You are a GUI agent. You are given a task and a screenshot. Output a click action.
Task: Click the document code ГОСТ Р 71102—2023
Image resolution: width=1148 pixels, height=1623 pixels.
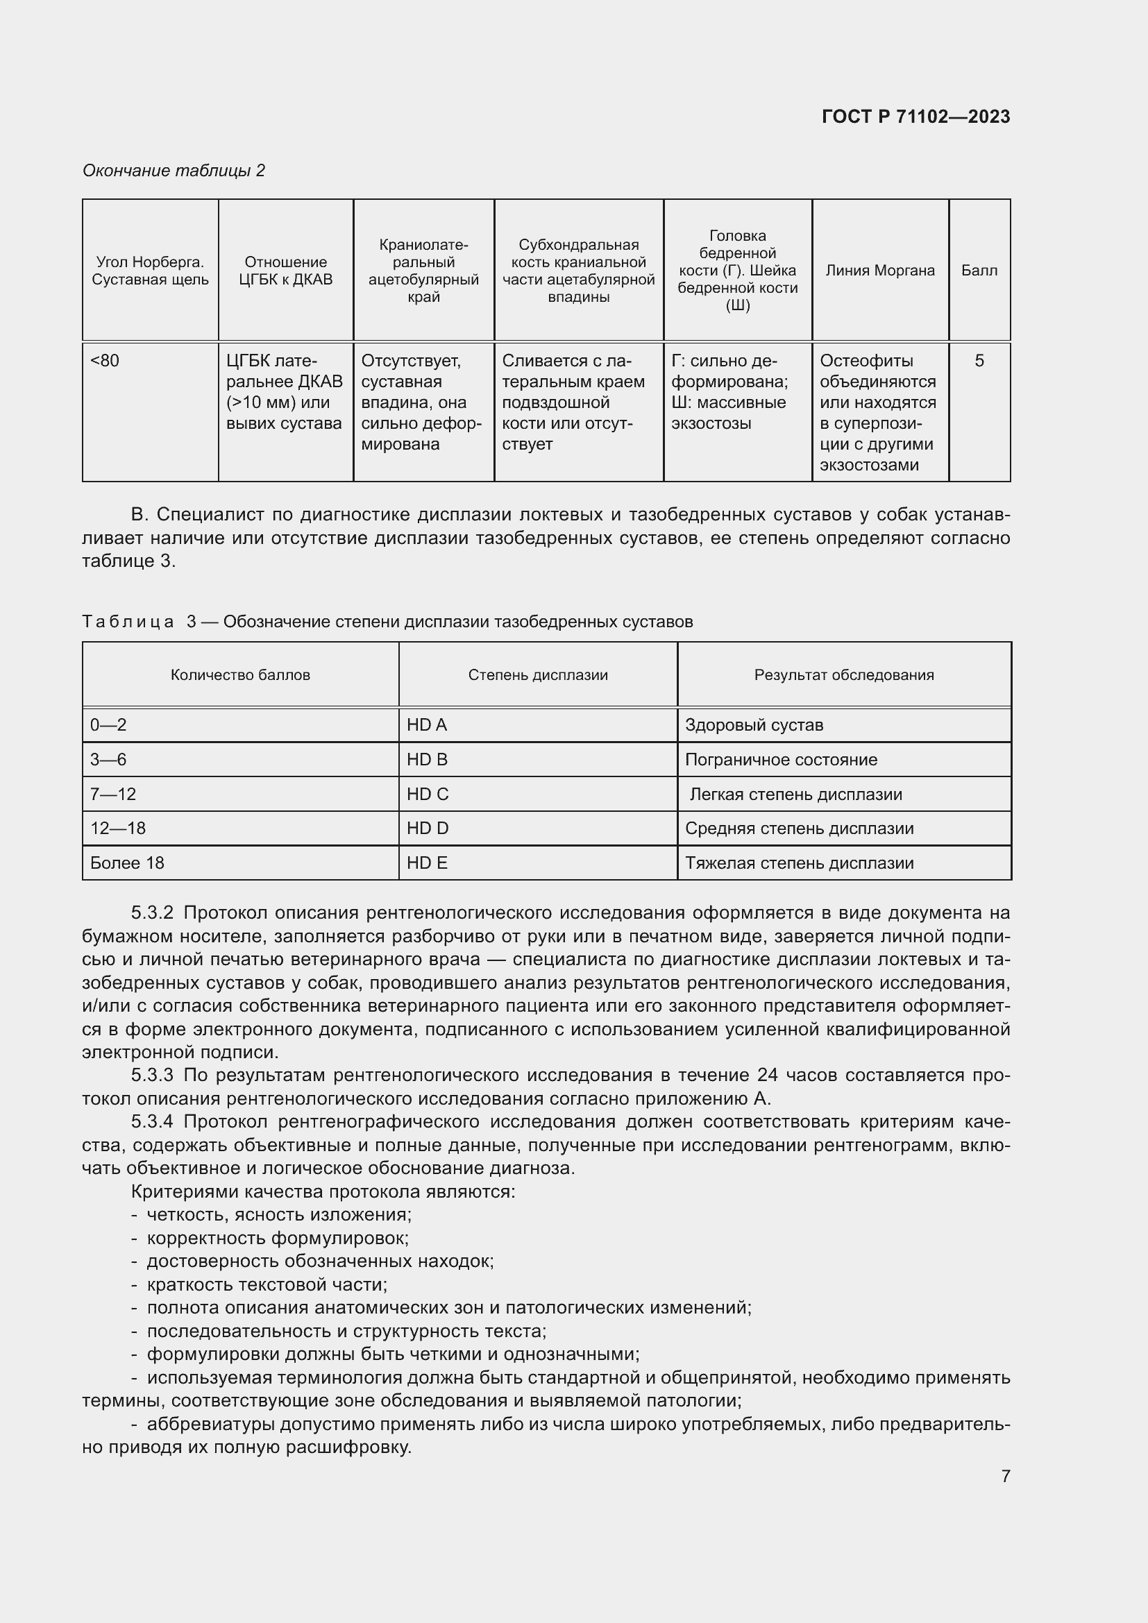915,117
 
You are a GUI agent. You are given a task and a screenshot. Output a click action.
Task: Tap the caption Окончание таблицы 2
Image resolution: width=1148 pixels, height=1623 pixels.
174,171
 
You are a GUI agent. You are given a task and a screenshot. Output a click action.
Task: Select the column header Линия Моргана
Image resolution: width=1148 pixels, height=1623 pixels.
879,270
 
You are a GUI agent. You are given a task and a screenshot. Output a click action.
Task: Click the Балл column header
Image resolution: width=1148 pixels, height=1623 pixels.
979,270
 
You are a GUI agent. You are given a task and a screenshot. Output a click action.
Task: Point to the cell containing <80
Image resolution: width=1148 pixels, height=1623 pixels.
105,361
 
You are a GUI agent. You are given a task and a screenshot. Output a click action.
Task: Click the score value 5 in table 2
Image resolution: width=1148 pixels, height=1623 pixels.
979,361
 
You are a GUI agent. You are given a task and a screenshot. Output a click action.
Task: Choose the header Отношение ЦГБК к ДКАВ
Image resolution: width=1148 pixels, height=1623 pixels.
285,271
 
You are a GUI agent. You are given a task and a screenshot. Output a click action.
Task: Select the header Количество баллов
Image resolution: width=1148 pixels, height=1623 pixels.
240,674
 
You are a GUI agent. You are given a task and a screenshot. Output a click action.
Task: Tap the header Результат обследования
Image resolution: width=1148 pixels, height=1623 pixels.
843,674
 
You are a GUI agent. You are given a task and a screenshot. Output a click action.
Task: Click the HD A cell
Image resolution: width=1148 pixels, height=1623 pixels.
426,724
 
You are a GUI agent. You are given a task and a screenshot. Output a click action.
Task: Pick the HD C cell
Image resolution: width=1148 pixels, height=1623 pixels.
427,794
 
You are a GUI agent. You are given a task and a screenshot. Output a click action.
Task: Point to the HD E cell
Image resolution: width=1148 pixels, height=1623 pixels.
426,863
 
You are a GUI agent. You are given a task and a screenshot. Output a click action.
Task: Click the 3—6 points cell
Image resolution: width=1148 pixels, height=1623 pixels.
108,759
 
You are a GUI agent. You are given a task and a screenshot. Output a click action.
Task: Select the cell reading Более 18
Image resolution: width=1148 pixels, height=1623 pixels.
127,863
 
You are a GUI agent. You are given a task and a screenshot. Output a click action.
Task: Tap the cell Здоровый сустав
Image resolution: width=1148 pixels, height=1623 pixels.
754,724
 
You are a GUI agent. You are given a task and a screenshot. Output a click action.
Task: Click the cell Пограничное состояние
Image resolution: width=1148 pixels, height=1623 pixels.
780,759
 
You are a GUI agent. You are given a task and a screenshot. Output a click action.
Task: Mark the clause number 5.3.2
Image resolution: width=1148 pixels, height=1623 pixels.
152,912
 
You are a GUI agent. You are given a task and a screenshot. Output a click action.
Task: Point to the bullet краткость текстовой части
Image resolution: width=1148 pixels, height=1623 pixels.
267,1284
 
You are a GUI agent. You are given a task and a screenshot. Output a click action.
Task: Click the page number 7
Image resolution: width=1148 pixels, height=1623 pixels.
1005,1475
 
